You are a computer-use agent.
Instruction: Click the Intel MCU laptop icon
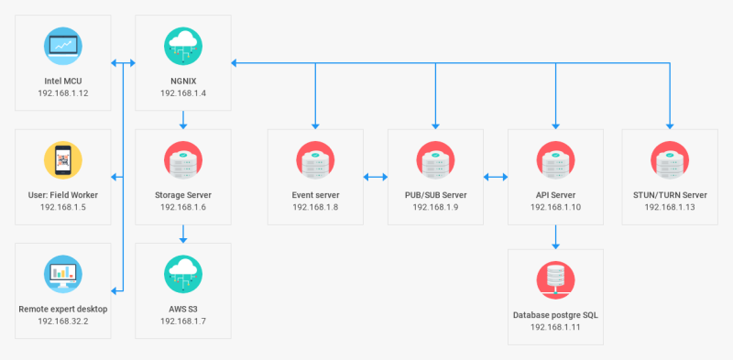point(63,46)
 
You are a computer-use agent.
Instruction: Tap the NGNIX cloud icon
point(183,46)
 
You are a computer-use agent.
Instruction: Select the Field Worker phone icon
point(63,160)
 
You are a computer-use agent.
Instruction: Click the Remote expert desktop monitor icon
point(63,274)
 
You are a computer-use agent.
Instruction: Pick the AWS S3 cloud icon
point(183,274)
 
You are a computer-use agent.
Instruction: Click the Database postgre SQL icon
point(555,280)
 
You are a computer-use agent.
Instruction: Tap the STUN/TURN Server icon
point(670,160)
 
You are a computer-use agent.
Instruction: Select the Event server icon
point(315,160)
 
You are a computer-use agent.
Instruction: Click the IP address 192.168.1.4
point(183,93)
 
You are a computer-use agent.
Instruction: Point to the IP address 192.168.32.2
point(63,322)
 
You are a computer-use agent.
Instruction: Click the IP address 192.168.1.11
point(555,327)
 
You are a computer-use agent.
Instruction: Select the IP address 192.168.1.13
point(670,207)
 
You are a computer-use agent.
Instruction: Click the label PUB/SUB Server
point(436,195)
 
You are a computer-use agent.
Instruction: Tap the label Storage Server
point(183,195)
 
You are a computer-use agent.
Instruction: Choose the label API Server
point(555,195)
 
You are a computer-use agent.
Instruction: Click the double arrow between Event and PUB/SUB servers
point(376,177)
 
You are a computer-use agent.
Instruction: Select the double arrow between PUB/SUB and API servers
point(496,177)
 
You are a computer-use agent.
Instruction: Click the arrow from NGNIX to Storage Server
point(183,120)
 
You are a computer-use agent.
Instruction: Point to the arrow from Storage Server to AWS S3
point(183,235)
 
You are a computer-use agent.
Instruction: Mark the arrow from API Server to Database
point(555,237)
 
